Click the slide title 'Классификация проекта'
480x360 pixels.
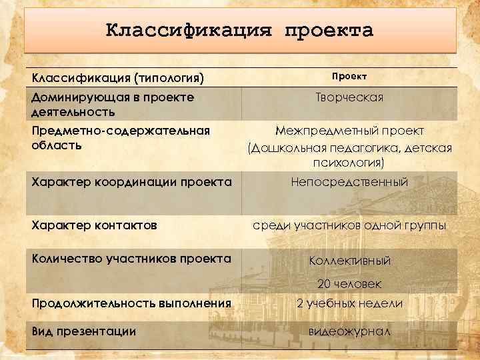[240, 31]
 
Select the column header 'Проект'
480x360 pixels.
[350, 77]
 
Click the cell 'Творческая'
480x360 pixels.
[350, 98]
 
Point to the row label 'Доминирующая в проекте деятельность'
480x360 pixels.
[113, 104]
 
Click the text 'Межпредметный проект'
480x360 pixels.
[350, 131]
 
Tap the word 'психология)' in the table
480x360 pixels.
[350, 163]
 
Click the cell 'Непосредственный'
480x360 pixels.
[350, 182]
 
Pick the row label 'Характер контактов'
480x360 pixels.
[94, 225]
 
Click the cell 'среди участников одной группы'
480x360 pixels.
[350, 225]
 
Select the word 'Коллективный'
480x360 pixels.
[350, 261]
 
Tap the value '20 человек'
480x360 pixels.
[350, 284]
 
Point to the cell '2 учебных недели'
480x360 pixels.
[350, 303]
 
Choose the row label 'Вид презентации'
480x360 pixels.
[83, 331]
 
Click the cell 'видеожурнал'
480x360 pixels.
[350, 331]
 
